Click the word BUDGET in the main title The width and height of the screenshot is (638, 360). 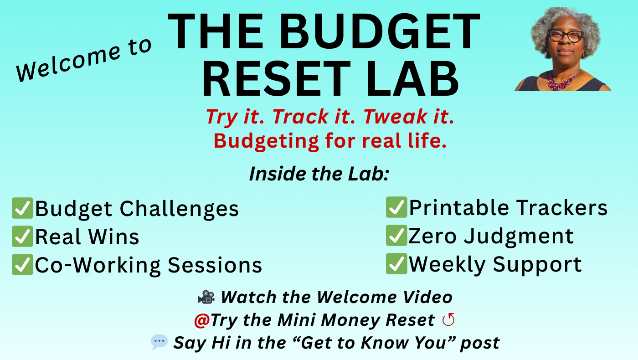(380, 31)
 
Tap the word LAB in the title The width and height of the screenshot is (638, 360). (412, 78)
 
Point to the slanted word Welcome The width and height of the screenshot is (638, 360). (69, 64)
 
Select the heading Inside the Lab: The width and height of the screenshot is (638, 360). (319, 174)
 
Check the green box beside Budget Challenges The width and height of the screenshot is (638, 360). (22, 208)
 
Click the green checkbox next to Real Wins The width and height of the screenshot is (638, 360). (22, 237)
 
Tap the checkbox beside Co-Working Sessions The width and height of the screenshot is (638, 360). (22, 265)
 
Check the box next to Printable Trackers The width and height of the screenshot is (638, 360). (396, 207)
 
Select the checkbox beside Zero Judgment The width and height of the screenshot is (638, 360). (396, 235)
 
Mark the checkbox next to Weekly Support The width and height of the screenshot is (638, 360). (396, 264)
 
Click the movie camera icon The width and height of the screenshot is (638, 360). (206, 297)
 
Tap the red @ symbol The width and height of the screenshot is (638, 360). (202, 320)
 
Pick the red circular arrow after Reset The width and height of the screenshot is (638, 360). (448, 319)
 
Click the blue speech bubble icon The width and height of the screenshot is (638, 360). (159, 342)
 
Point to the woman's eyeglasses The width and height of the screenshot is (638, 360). (566, 36)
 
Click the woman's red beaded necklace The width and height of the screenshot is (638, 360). (561, 81)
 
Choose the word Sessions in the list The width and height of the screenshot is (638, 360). (215, 265)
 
